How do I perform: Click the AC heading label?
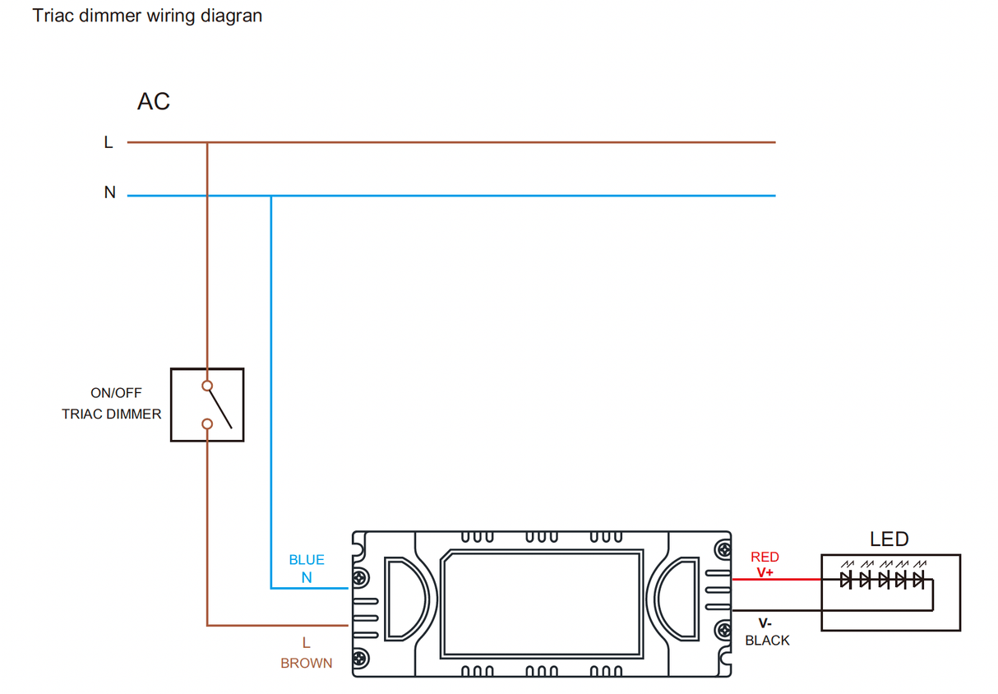coord(154,101)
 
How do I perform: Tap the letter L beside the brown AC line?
coord(108,143)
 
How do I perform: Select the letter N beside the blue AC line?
coord(109,193)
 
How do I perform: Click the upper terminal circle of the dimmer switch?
coord(207,386)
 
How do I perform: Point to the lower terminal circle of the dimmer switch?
coord(207,424)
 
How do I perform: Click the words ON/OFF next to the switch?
coord(116,394)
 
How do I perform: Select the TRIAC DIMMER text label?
coord(112,414)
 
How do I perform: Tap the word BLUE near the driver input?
coord(307,560)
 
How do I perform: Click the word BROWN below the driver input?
coord(307,664)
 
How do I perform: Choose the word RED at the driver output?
coord(765,558)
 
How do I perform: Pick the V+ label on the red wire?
coord(765,572)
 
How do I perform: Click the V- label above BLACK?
coord(765,624)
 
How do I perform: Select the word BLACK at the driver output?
coord(767,641)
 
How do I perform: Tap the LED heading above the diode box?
coord(889,539)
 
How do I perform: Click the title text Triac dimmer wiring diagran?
coord(147,16)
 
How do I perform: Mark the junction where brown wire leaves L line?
coord(207,142)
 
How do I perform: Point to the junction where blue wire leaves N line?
coord(271,196)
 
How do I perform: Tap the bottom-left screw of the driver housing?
coord(360,659)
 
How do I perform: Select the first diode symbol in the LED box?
coord(846,581)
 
